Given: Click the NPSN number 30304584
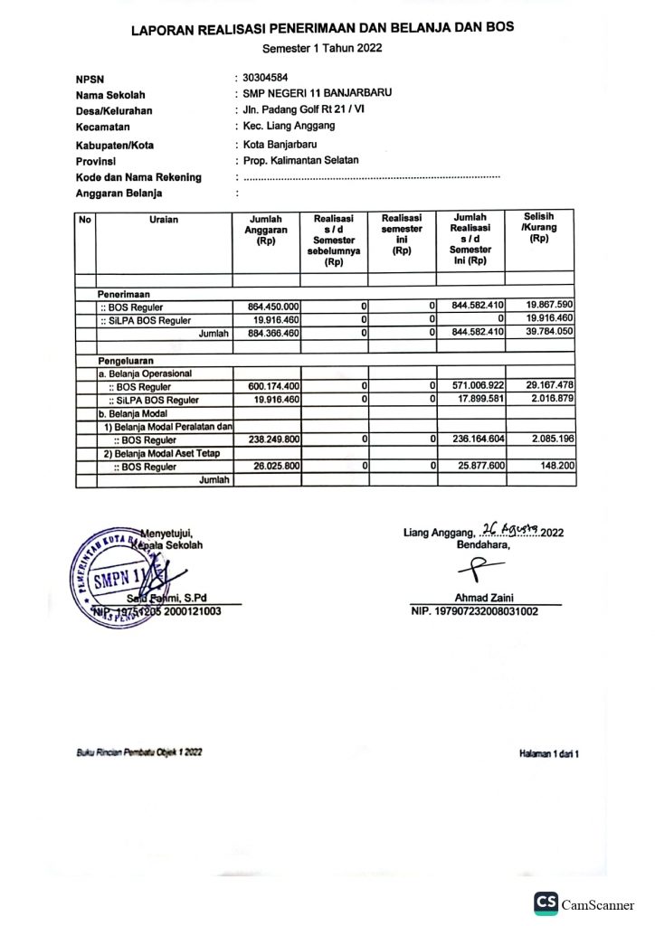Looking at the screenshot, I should [265, 79].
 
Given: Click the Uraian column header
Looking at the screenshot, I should [164, 219].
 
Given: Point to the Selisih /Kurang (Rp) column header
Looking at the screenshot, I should [539, 228].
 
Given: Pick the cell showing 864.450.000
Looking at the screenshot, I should [267, 307].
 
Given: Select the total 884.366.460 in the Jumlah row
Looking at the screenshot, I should [267, 334].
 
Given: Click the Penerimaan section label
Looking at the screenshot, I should [124, 294].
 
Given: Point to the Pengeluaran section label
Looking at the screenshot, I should [128, 360].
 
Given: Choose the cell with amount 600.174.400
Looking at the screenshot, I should [267, 387].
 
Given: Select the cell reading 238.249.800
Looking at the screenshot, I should [267, 439].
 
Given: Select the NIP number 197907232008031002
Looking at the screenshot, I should [474, 611].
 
